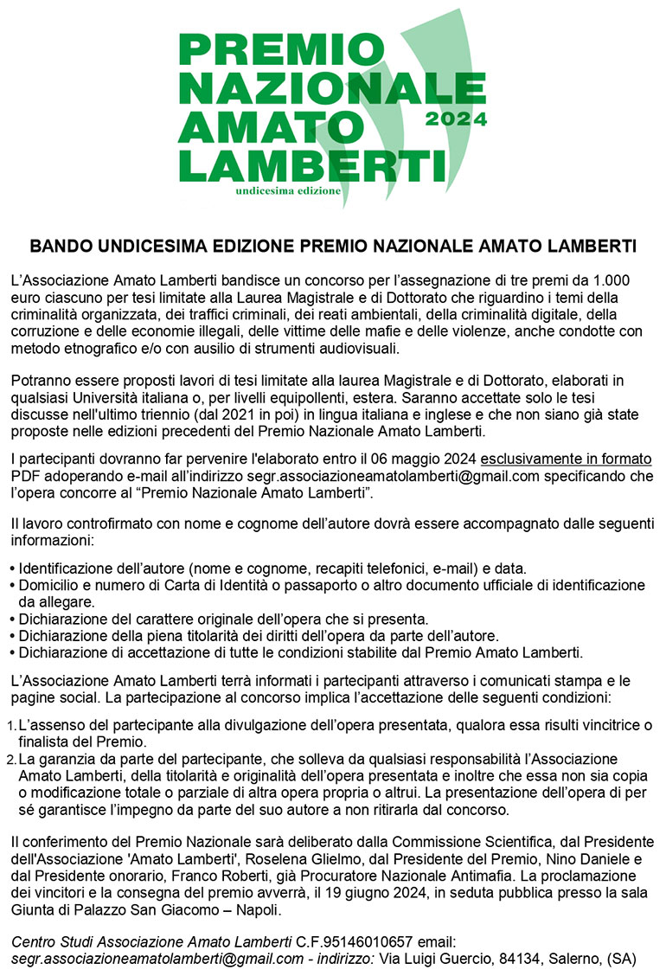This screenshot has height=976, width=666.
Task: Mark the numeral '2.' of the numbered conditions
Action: [x=11, y=759]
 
